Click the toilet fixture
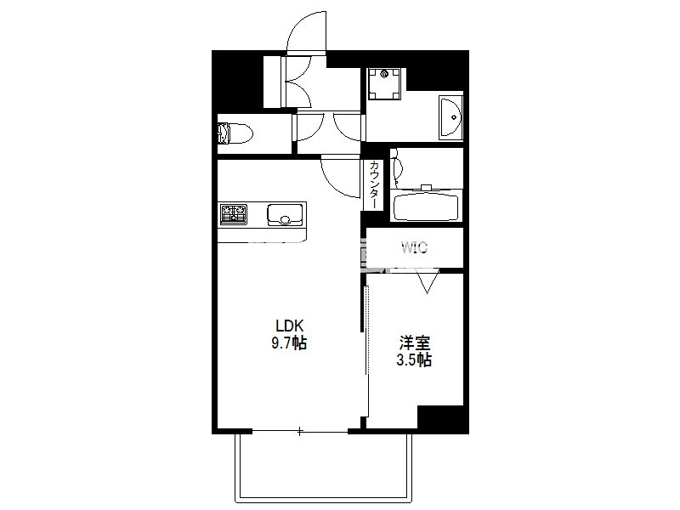pos(235,133)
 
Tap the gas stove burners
pos(233,215)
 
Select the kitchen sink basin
pos(285,215)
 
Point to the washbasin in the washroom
pos(451,117)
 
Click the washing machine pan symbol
pos(384,84)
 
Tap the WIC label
pos(414,248)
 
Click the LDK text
pos(290,325)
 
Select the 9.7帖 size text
pos(289,343)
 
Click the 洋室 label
pos(415,343)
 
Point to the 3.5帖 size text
pos(414,360)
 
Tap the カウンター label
pos(374,184)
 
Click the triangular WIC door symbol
pos(428,281)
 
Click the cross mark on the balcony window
pos(300,431)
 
